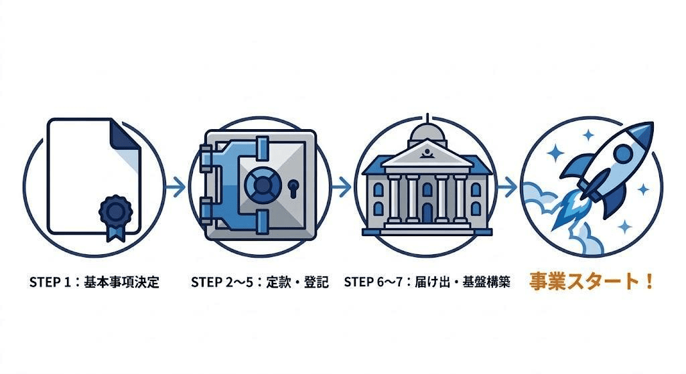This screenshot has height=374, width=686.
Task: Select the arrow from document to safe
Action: click(176, 187)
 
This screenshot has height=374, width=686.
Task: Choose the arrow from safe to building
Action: click(341, 187)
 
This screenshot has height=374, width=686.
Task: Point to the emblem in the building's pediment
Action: click(427, 155)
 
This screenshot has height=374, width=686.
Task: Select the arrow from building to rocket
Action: click(507, 187)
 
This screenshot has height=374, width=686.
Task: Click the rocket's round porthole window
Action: click(622, 155)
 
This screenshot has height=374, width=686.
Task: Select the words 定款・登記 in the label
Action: click(297, 282)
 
